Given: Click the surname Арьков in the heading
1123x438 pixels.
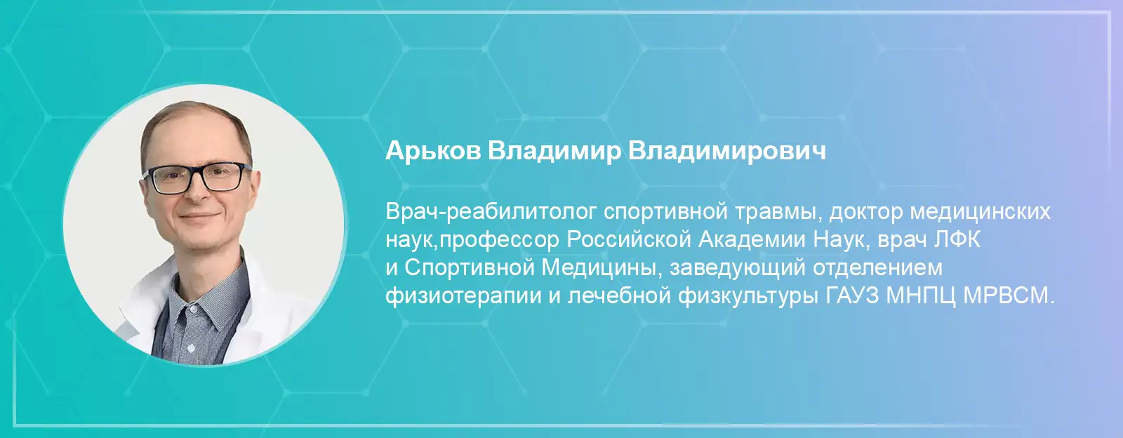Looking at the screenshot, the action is coord(432,151).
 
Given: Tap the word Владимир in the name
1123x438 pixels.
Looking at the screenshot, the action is coord(554,152).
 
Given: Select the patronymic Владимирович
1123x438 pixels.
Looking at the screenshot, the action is coord(727,152).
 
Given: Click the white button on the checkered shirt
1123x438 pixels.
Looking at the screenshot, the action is coord(190,347).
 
